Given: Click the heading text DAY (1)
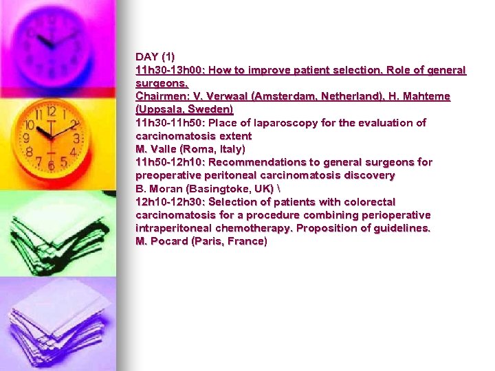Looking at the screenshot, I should point(155,56).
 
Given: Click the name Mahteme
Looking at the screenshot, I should point(423,96).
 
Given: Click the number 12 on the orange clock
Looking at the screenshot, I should point(51,111).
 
